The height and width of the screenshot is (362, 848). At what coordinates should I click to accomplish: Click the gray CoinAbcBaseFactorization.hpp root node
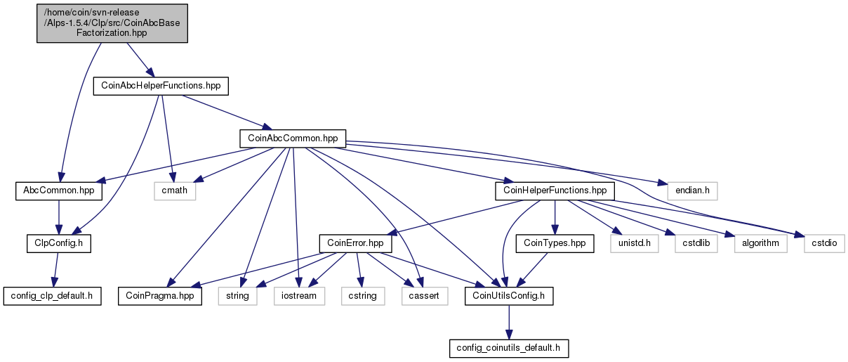112,23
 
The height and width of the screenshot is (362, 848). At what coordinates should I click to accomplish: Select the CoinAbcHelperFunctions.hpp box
161,86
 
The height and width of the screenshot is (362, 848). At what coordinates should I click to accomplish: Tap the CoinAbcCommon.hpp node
293,138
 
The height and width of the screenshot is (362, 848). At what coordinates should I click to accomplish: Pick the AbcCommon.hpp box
59,191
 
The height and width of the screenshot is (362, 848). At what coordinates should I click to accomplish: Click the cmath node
175,191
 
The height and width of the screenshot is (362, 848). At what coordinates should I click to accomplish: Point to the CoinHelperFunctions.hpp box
555,191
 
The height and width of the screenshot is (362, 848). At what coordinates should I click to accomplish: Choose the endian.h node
692,191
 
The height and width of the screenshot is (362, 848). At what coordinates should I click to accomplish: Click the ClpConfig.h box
59,244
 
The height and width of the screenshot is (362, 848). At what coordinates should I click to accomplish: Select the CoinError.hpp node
355,244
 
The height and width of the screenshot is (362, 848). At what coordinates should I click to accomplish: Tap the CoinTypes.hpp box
555,244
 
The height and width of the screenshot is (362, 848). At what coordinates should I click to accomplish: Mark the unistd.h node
635,244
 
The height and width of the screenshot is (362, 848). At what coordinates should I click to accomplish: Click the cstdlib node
696,244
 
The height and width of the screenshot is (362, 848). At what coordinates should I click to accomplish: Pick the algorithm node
760,244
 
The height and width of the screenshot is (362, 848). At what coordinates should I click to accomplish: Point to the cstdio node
824,244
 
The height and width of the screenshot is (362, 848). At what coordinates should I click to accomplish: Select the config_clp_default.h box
52,296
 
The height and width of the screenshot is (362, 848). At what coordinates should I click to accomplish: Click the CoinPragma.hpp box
160,296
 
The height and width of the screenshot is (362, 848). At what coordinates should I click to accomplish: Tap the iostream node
299,296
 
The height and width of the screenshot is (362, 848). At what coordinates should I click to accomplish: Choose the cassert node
425,296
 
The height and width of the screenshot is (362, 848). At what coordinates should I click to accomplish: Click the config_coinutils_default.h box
509,349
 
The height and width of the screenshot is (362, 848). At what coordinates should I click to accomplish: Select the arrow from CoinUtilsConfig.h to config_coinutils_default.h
509,322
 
